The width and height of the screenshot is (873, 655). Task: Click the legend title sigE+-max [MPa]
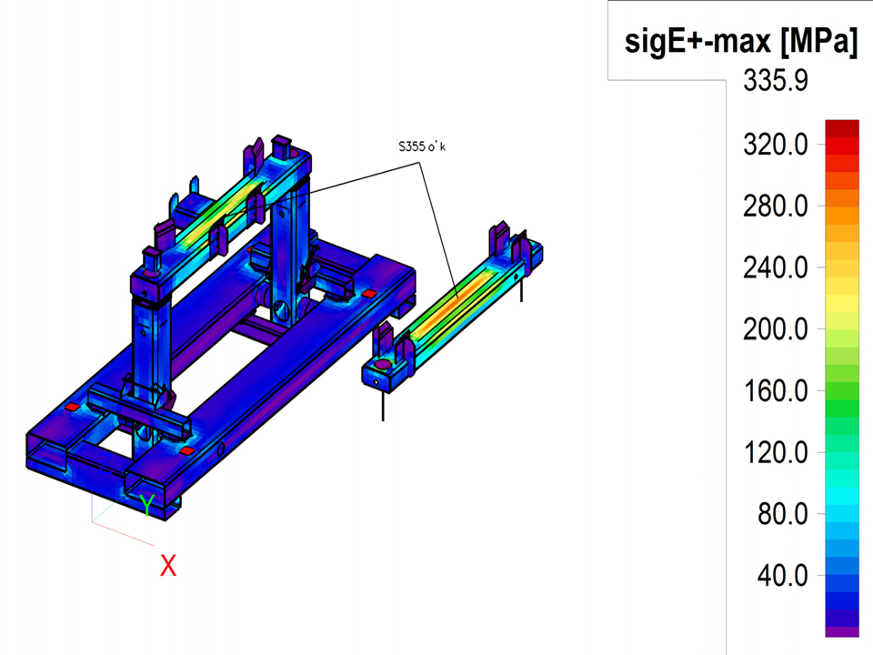click(741, 42)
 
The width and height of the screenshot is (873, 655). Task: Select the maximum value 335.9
click(776, 81)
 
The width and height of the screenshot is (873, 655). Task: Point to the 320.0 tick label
click(776, 145)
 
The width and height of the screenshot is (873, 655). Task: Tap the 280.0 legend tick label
click(776, 207)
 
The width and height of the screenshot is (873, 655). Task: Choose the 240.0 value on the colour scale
click(776, 267)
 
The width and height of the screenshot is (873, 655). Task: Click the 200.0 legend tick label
click(776, 329)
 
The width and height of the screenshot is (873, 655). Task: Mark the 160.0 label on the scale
click(776, 391)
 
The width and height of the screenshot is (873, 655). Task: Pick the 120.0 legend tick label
click(776, 452)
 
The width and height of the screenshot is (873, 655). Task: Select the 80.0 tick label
click(782, 514)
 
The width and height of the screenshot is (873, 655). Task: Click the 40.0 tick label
click(782, 575)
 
